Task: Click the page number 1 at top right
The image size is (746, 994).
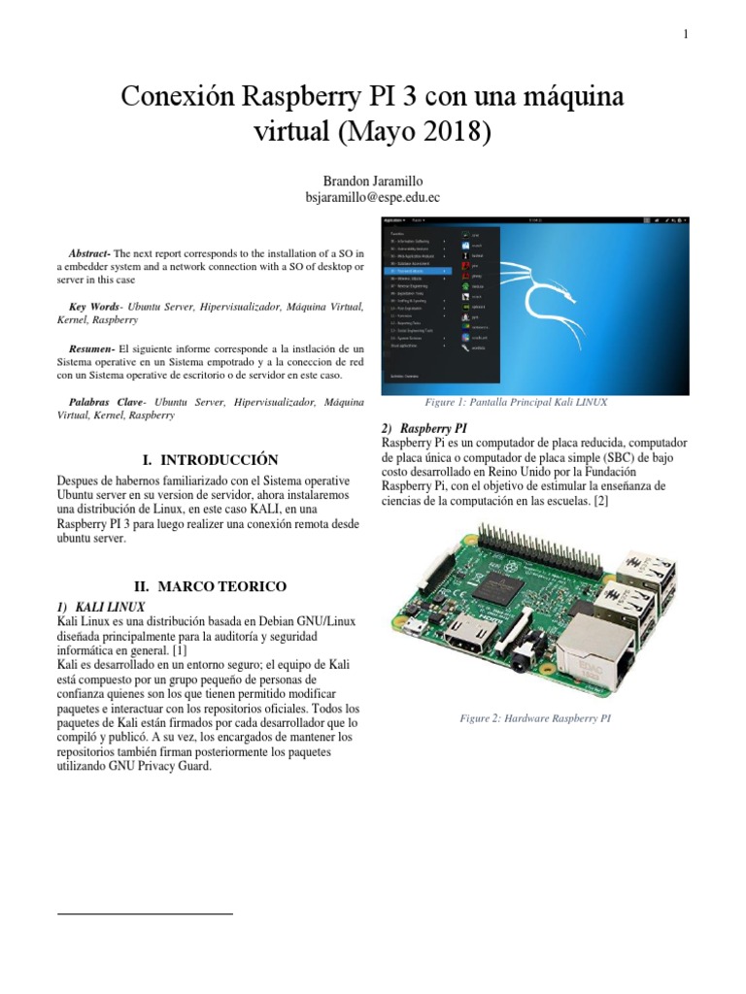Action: [686, 35]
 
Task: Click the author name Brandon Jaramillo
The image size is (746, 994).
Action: [373, 181]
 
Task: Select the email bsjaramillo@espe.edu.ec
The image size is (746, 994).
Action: [373, 197]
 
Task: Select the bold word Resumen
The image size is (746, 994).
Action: [92, 347]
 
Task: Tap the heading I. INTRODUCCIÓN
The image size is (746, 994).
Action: [210, 460]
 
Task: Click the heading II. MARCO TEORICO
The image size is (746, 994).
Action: [210, 586]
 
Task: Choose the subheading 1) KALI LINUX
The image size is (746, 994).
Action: [101, 607]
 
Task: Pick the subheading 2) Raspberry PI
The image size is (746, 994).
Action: [426, 427]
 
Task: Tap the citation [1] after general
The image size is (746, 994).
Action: [180, 650]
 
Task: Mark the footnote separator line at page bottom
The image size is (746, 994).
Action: [145, 913]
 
